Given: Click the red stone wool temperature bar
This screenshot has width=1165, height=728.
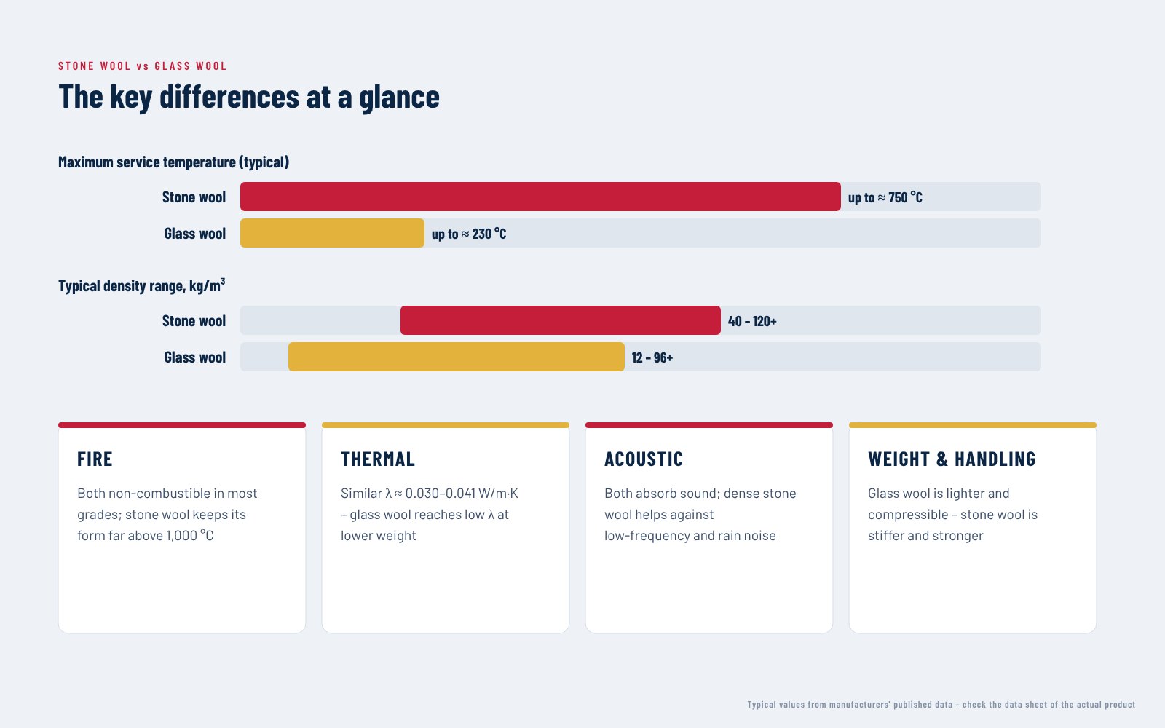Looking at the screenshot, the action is tap(540, 197).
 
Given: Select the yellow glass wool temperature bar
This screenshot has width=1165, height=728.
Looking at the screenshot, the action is tap(332, 233).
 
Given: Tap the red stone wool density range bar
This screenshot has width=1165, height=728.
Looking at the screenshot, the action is tap(561, 320).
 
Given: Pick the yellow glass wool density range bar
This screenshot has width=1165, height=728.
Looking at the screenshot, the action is tap(457, 357).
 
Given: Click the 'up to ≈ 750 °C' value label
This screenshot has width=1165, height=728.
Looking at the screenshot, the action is tap(885, 197).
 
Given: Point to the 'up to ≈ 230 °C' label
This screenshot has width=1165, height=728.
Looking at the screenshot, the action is tap(469, 234).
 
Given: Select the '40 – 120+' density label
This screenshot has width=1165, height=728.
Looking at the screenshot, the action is tap(752, 321).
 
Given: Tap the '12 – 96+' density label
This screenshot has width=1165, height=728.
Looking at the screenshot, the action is tap(652, 357).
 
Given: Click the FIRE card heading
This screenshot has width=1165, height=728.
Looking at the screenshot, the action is tap(95, 459).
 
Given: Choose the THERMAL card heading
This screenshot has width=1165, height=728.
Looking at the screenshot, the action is tap(378, 459).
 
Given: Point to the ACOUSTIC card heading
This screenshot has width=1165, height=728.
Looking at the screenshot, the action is tap(644, 459).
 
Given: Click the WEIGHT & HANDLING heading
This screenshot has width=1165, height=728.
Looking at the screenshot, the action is tap(952, 459).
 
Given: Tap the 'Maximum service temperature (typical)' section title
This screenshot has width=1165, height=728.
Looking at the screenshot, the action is tap(174, 162).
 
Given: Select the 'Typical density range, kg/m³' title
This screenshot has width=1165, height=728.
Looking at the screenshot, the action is tap(141, 285).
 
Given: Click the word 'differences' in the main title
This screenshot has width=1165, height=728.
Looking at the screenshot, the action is tap(229, 96).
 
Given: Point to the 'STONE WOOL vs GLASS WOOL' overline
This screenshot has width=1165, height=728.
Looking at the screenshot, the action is tap(143, 66).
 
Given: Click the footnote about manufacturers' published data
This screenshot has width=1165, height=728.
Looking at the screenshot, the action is tap(941, 705).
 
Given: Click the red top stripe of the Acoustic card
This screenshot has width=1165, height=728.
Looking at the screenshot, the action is tap(709, 425).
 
